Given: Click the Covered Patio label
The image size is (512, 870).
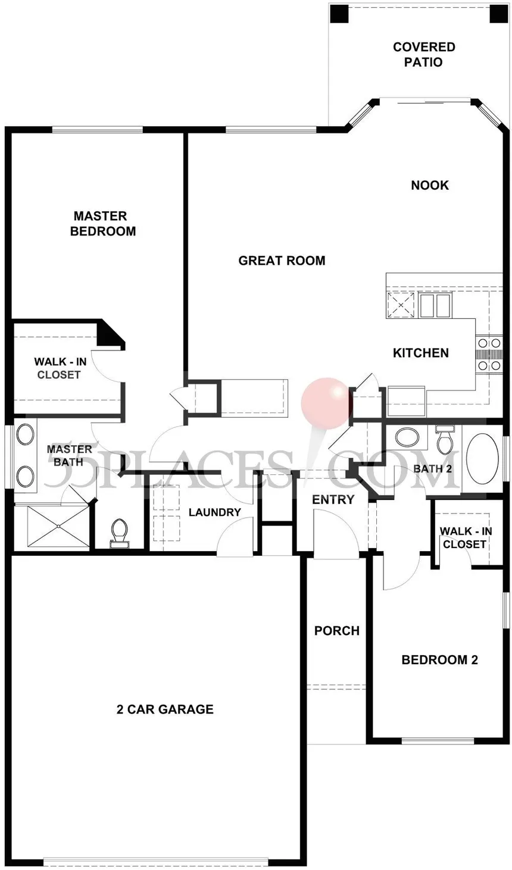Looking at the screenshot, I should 424,54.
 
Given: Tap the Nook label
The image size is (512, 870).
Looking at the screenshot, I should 429,185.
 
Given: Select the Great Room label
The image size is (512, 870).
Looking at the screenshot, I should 282,260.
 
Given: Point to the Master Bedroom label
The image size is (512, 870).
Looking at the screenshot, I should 103,223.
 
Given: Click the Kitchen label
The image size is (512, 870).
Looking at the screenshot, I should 420,353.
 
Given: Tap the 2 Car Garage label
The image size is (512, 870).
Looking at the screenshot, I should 165,709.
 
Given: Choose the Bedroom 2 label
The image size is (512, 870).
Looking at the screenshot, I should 439,659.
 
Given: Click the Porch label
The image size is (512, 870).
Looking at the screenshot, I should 337,630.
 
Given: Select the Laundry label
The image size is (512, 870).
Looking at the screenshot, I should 214,512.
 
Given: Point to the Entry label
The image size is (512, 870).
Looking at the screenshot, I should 333,499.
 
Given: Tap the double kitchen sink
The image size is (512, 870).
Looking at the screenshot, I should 435,305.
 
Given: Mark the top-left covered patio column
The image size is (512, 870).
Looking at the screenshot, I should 339,14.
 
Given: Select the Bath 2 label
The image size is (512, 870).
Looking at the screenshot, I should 433,469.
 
